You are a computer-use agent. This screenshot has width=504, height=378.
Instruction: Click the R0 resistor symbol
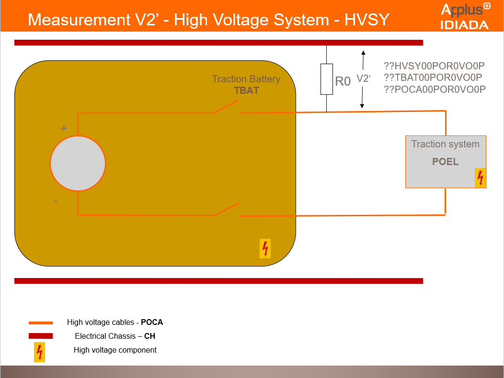click(x=326, y=78)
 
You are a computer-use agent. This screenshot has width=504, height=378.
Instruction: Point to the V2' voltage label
click(x=364, y=79)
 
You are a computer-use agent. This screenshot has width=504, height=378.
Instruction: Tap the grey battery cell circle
click(x=78, y=163)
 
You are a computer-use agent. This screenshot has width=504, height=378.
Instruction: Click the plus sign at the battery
click(x=63, y=128)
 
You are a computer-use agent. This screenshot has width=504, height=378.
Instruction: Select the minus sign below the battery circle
click(x=56, y=201)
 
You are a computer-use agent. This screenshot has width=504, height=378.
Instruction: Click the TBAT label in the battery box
click(x=246, y=90)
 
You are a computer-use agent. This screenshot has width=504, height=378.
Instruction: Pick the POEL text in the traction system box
click(x=445, y=162)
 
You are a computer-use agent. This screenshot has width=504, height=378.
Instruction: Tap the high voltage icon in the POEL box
click(x=480, y=178)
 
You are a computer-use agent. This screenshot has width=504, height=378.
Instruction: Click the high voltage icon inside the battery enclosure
click(x=265, y=248)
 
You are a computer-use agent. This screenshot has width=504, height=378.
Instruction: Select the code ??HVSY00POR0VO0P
click(x=435, y=66)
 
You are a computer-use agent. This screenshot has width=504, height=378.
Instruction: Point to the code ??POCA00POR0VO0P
click(x=435, y=89)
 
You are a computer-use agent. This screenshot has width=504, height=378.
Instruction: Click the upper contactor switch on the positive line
click(x=226, y=108)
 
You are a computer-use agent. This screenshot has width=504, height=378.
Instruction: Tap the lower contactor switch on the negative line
click(x=226, y=210)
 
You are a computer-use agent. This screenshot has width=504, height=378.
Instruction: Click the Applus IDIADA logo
click(x=464, y=17)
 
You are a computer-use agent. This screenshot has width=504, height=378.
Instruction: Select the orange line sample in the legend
click(x=41, y=323)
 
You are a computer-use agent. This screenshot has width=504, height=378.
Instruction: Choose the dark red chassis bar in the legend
click(x=41, y=336)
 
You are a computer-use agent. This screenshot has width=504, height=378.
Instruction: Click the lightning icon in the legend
click(x=39, y=352)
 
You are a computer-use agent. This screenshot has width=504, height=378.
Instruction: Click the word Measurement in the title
click(x=77, y=20)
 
